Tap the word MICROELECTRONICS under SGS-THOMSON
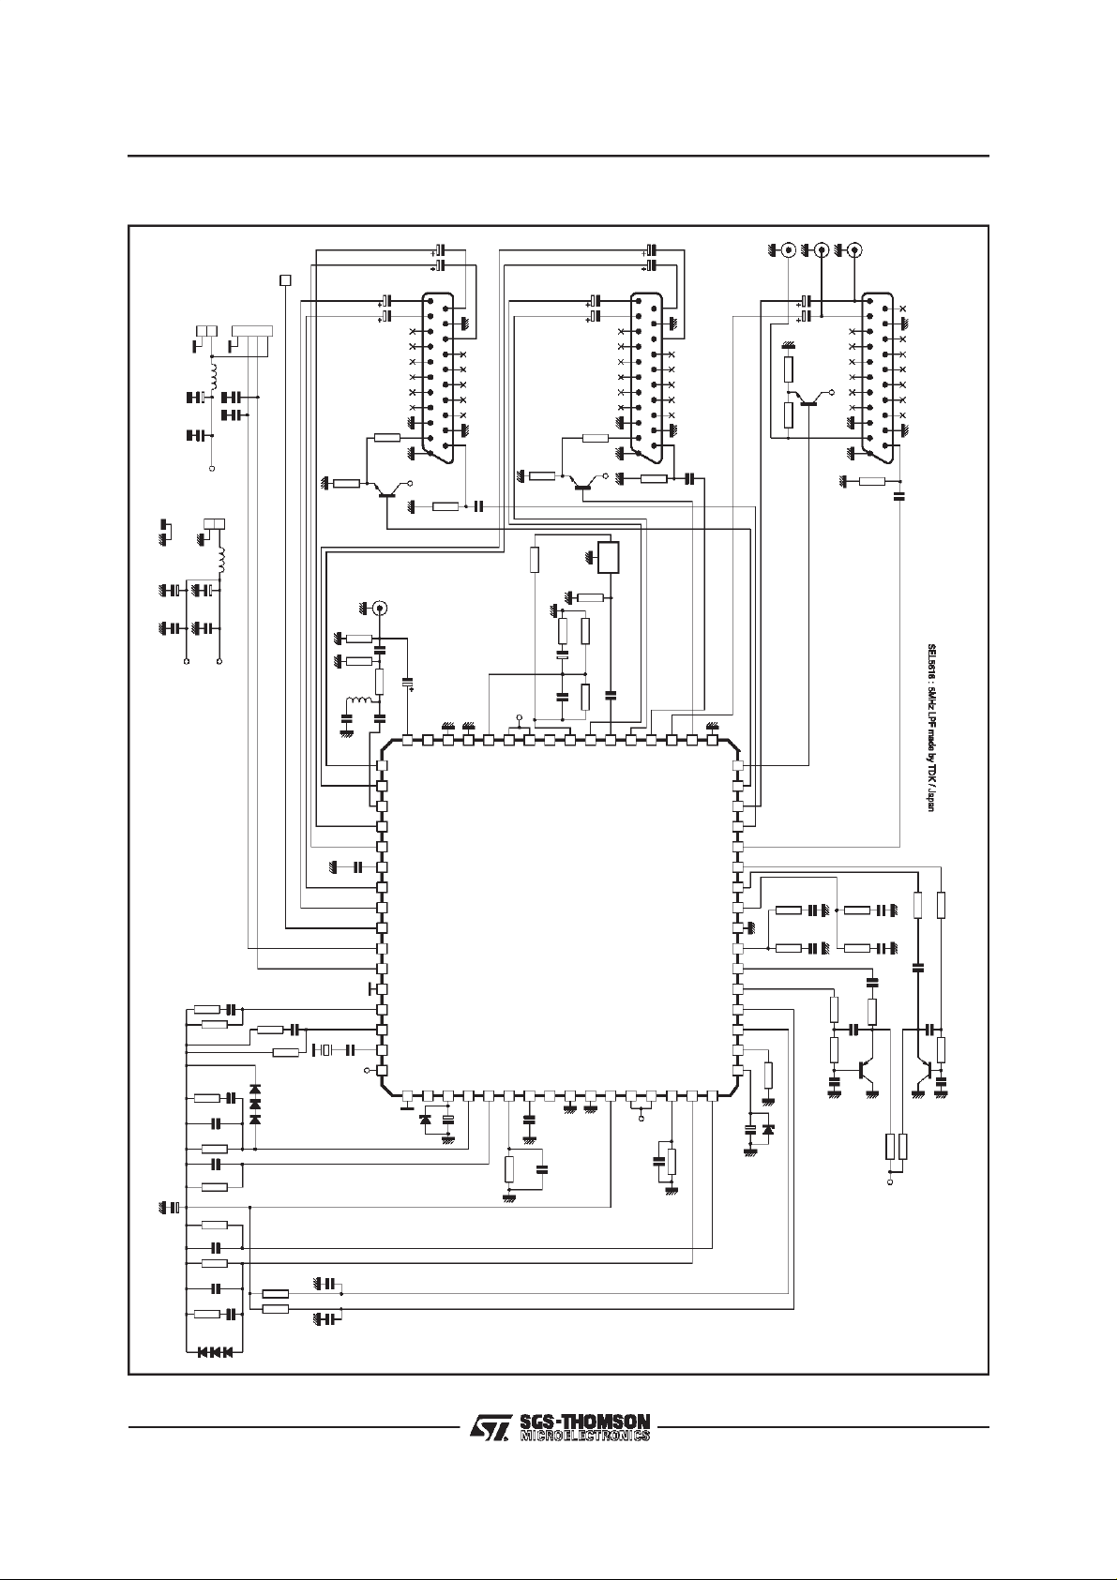pos(584,1436)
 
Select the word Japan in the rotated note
pos(931,797)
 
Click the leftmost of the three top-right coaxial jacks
pos(789,250)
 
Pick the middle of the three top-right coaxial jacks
pos(822,250)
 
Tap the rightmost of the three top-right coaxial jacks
pos(854,250)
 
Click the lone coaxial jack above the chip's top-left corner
pos(380,608)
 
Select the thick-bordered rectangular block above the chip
pos(610,558)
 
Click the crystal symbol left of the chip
pos(325,1049)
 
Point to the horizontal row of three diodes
pos(215,1351)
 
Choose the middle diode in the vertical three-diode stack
pos(255,1106)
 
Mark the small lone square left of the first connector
pos(286,279)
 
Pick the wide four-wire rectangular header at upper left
pos(252,330)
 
